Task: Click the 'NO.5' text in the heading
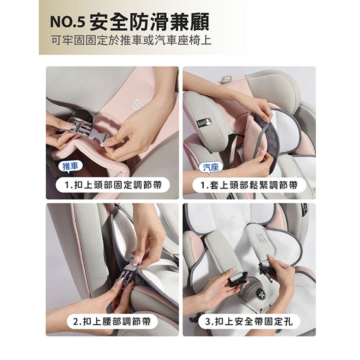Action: coord(68,22)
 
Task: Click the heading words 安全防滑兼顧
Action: coord(149,22)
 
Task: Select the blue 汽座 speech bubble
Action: coord(211,167)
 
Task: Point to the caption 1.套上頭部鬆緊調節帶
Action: coord(249,185)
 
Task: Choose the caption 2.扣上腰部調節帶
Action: coord(112,321)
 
